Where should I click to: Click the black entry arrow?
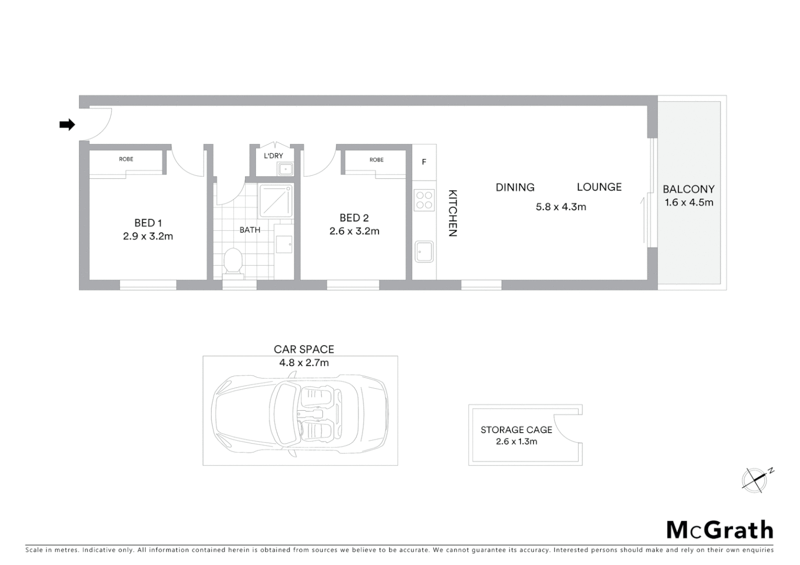67,125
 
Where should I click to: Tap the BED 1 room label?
148,223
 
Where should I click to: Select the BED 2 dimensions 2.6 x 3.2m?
354,231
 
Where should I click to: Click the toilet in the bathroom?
232,261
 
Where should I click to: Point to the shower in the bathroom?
276,200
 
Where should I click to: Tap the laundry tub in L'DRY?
285,168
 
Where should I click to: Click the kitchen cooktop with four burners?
424,199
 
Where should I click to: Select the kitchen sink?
424,251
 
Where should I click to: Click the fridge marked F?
424,162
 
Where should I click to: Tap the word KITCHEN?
453,213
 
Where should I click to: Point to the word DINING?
515,187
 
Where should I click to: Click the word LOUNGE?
599,187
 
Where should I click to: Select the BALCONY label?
688,189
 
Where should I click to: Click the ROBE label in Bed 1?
126,159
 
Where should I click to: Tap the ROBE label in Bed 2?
376,160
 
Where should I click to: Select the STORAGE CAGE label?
516,430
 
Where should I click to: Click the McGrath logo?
720,530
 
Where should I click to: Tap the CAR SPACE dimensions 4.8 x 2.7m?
304,363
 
